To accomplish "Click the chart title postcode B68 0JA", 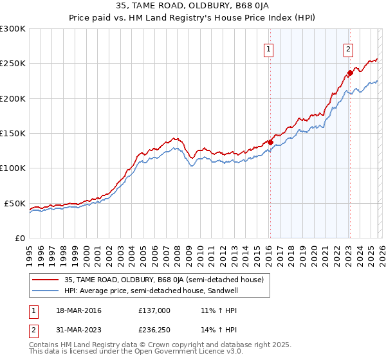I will pos(252,7).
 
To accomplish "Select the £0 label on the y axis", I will pos(20,238).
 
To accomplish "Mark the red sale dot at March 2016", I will pos(270,142).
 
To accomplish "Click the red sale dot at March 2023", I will pos(350,73).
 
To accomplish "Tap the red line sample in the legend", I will pos(45,280).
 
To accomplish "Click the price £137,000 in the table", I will pos(154,310).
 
